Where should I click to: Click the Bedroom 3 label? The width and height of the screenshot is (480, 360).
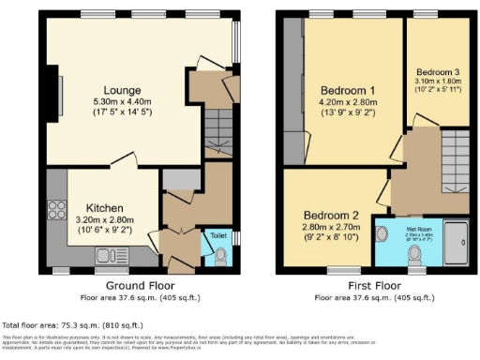[438, 72]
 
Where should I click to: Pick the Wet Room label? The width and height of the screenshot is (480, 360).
[418, 228]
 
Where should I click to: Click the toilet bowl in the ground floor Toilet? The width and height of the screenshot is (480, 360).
[218, 255]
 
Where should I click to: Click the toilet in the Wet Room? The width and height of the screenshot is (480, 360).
[382, 235]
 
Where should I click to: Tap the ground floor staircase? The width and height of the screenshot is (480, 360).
[217, 134]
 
